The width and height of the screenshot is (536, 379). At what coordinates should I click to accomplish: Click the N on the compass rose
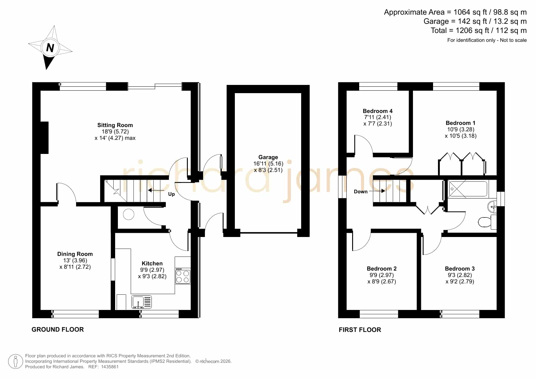50,48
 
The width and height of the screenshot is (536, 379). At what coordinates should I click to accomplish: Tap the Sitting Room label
115,125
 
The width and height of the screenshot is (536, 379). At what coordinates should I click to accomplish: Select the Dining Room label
75,254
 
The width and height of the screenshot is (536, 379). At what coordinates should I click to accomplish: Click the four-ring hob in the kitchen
183,276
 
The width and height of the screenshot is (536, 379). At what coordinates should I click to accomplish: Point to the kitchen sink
141,302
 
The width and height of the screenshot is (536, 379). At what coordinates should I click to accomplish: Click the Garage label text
268,157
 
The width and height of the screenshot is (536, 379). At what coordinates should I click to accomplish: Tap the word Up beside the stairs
171,194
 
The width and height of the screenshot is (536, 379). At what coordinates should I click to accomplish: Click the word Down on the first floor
361,191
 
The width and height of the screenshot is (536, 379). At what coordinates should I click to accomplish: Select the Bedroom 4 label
377,111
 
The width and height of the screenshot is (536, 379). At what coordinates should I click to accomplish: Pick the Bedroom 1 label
460,123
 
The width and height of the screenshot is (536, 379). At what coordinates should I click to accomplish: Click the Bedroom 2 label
381,268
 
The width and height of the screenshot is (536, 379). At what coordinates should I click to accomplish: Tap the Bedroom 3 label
460,268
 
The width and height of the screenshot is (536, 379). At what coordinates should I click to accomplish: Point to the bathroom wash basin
492,206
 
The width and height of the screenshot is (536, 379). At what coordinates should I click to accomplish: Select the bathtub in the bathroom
468,189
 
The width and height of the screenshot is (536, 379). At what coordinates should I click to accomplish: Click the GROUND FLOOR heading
58,329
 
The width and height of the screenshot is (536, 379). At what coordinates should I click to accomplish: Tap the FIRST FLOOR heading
360,330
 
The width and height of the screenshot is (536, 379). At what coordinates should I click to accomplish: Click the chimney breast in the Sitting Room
45,137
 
